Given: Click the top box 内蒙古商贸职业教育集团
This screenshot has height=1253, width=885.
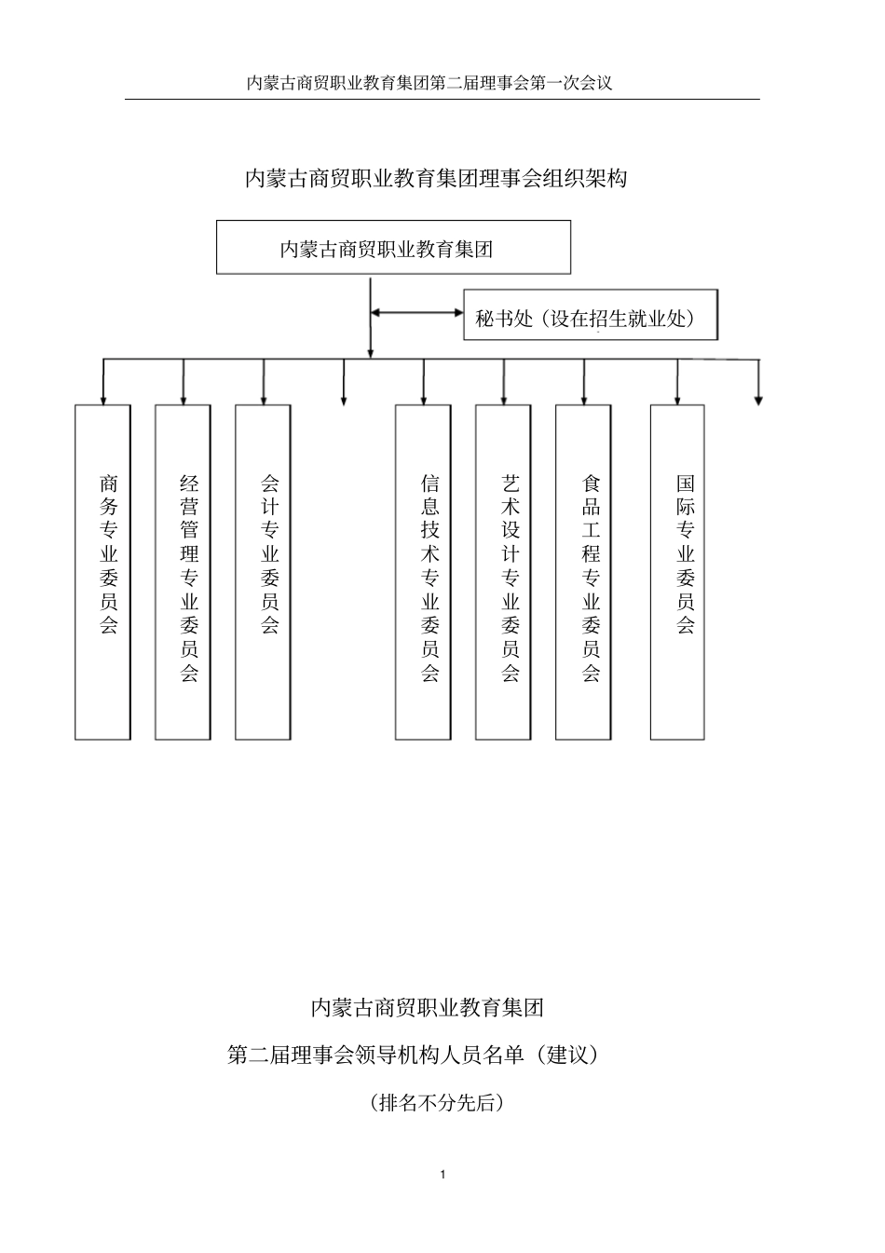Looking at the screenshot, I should tap(393, 248).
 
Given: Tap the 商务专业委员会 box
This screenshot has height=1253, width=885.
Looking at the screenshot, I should tap(102, 572).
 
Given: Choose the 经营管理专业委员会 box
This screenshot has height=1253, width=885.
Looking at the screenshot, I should tap(184, 572).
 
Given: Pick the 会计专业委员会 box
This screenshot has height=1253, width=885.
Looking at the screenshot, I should tap(263, 572).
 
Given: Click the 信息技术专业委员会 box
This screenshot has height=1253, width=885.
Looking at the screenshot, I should tap(424, 572).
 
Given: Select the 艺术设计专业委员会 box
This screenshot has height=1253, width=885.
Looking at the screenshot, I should tap(504, 572).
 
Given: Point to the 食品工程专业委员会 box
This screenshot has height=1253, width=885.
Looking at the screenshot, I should tap(584, 572).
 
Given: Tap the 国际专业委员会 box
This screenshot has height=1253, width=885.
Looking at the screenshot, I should tap(677, 572).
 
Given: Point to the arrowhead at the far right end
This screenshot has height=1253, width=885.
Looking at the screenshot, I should tap(758, 400).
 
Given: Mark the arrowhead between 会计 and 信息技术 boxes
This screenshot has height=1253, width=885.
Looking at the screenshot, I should tap(344, 400).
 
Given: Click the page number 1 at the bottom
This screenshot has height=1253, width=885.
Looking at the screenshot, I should tap(443, 1174).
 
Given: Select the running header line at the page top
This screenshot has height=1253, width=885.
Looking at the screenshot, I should tap(429, 83).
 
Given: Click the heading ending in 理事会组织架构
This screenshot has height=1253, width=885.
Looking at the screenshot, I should tap(436, 178).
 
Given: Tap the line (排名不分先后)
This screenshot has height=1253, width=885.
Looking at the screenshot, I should tap(437, 1103).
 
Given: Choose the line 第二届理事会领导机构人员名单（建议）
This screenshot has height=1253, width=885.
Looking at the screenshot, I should tap(414, 1056).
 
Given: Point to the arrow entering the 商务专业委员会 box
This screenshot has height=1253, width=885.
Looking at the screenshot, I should tap(102, 382).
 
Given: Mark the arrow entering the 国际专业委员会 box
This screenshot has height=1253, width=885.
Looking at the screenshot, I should tap(677, 382).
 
